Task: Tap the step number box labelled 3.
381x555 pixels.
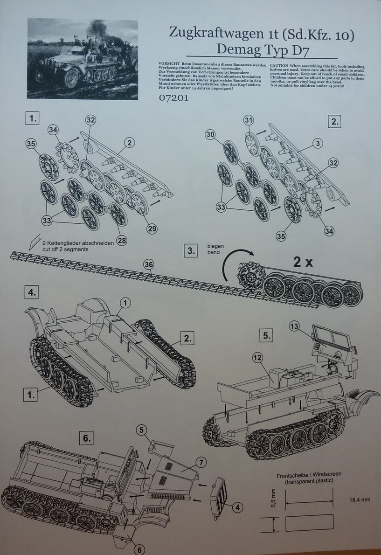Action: point(191,250)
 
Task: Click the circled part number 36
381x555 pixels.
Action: point(149,264)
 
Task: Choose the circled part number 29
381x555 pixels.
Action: point(152,228)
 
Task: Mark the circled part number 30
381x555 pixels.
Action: point(210,134)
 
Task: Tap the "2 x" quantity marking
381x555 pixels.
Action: point(302,262)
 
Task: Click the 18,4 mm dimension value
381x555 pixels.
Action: point(359,499)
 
